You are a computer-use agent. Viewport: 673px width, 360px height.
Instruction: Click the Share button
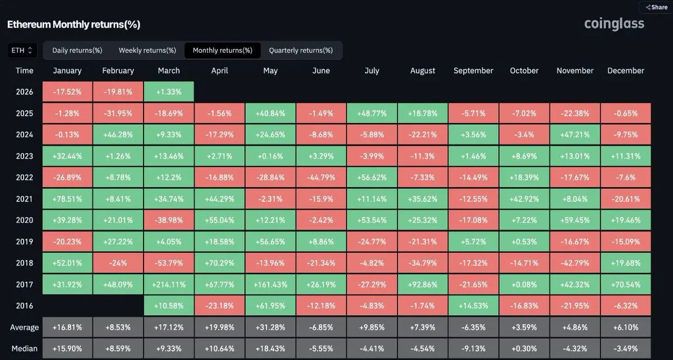(x=656, y=7)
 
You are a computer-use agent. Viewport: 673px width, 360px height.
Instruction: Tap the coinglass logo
(x=614, y=24)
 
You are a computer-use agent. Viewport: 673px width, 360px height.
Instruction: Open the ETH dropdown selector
(x=22, y=50)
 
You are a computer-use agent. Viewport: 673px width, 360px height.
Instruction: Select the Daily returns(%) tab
(x=77, y=50)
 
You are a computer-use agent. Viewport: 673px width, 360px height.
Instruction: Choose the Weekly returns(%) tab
(x=147, y=50)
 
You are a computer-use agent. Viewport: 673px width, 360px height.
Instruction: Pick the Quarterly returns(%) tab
(x=301, y=50)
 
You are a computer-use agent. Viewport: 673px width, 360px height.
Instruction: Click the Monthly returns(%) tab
(x=223, y=50)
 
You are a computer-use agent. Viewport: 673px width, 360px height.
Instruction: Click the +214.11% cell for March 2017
(x=169, y=284)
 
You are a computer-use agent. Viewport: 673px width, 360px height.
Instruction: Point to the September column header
(x=473, y=71)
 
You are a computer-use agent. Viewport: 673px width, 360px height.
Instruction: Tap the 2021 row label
(x=25, y=199)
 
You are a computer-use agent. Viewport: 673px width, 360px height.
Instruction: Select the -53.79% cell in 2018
(x=169, y=263)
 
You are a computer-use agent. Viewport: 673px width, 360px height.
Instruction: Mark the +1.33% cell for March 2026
(x=169, y=92)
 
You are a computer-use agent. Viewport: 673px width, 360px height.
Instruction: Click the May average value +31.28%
(x=270, y=327)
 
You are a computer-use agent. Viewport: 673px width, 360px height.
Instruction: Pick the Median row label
(x=25, y=348)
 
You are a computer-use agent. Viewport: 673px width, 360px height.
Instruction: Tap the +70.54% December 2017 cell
(x=625, y=284)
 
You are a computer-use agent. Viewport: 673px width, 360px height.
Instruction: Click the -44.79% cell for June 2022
(x=321, y=178)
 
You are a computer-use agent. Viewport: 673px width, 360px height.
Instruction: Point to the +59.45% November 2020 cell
(x=575, y=220)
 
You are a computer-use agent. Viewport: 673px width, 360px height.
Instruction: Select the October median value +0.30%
(x=524, y=348)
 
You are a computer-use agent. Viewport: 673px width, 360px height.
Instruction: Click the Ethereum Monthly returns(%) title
(x=73, y=25)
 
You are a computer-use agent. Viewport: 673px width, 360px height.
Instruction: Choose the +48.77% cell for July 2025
(x=372, y=113)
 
